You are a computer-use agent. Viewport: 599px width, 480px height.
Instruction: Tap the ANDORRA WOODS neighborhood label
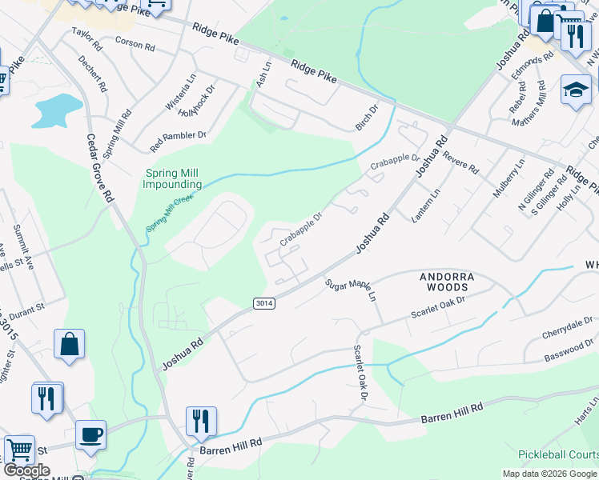coord(448,282)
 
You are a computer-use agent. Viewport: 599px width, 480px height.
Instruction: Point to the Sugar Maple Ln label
coord(351,289)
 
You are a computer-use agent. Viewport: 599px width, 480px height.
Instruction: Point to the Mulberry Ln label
coord(509,178)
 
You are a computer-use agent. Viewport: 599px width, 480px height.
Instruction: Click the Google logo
coord(27,470)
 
